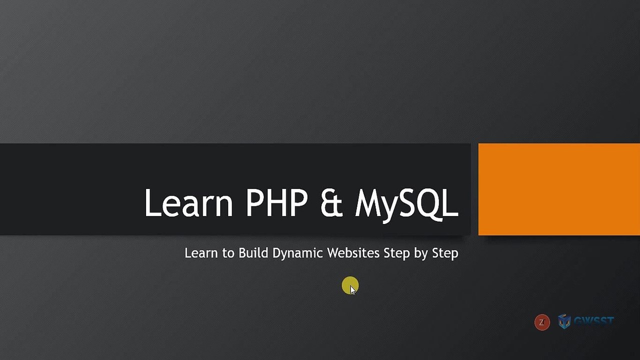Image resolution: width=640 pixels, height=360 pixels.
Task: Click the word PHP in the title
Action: pos(276,202)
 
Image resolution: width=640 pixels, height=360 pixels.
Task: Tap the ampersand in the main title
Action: pos(331,202)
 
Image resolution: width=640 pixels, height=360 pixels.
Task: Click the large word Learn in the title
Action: pos(189,202)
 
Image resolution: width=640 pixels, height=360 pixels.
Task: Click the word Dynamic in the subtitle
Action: pos(298,253)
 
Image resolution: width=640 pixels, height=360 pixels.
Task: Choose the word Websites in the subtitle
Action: pos(353,253)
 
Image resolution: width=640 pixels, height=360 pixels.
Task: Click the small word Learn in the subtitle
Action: pos(201,253)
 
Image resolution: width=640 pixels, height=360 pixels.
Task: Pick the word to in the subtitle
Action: pos(228,253)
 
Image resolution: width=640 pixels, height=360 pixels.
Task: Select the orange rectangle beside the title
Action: pos(559,189)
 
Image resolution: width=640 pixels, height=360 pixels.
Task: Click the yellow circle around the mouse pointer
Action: pos(350,286)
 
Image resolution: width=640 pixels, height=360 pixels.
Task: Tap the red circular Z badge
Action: pos(542,322)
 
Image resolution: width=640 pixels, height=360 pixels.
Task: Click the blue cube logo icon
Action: pos(564,321)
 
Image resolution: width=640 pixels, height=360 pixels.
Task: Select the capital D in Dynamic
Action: pos(277,253)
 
